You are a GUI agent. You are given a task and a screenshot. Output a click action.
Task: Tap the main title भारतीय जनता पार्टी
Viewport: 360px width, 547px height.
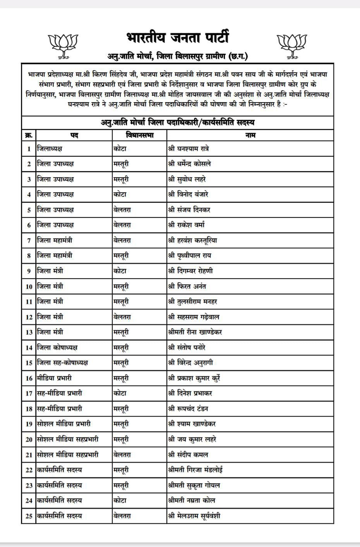point(178,38)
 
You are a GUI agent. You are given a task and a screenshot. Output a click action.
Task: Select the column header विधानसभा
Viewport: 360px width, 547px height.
point(140,135)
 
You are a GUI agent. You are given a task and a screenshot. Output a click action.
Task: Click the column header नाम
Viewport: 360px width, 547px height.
point(250,135)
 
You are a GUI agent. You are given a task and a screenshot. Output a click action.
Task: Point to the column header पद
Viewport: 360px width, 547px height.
point(74,135)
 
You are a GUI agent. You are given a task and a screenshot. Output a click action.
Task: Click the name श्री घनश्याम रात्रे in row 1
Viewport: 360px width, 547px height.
point(189,149)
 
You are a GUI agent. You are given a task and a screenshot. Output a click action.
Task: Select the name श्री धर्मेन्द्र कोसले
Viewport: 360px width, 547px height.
point(190,164)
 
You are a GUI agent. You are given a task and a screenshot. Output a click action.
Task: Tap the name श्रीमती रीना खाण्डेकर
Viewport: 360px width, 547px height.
point(195,332)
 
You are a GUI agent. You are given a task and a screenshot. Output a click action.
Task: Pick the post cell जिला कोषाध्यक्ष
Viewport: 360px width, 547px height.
point(57,347)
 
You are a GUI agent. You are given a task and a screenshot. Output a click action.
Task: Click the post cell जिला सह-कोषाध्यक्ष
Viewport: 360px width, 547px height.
point(62,362)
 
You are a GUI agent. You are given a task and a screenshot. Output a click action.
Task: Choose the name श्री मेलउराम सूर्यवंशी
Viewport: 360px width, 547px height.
point(194,516)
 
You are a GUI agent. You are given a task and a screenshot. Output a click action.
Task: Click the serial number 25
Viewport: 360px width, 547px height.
point(29,516)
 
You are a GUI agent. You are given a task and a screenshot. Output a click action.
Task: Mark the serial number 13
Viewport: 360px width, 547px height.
point(29,332)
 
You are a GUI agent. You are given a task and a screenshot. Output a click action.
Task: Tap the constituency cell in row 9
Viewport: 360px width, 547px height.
point(120,271)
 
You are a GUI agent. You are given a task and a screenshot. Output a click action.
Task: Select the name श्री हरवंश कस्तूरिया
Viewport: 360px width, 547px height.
point(193,240)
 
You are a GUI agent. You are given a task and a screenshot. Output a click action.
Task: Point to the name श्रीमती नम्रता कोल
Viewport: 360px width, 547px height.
point(192,500)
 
